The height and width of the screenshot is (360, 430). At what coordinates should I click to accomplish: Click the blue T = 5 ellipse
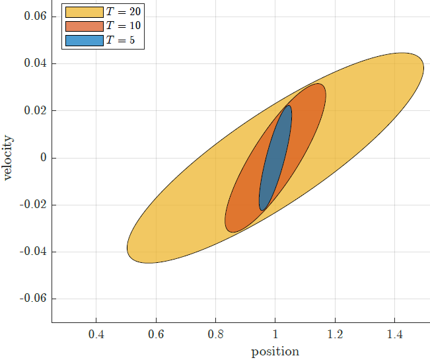click(275, 159)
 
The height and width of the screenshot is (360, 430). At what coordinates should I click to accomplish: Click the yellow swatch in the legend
click(84, 11)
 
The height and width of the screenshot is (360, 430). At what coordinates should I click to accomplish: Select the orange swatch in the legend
click(84, 26)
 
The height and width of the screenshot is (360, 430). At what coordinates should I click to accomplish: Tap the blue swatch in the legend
click(84, 40)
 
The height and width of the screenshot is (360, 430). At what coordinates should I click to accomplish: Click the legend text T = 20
click(123, 11)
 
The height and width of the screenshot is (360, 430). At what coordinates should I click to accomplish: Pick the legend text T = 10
click(123, 26)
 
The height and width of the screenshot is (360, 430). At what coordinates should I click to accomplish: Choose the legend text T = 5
click(120, 40)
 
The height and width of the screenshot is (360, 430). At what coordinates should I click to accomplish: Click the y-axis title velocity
click(9, 158)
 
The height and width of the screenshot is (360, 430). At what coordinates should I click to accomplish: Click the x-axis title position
click(275, 351)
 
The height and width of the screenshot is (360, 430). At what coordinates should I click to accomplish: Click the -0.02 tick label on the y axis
click(32, 205)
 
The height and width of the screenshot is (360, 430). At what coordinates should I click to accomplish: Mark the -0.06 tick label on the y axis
click(32, 299)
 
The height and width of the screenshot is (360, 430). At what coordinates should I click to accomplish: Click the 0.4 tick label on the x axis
click(96, 334)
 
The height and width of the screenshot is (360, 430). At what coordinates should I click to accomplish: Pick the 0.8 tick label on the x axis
click(215, 334)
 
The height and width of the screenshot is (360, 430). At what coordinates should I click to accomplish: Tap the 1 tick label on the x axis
click(275, 334)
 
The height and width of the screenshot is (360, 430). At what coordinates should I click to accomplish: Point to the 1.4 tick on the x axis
click(394, 334)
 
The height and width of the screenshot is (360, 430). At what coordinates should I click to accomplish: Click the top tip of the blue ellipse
click(289, 106)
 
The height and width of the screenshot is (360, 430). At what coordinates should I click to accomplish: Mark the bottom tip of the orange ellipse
click(231, 232)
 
